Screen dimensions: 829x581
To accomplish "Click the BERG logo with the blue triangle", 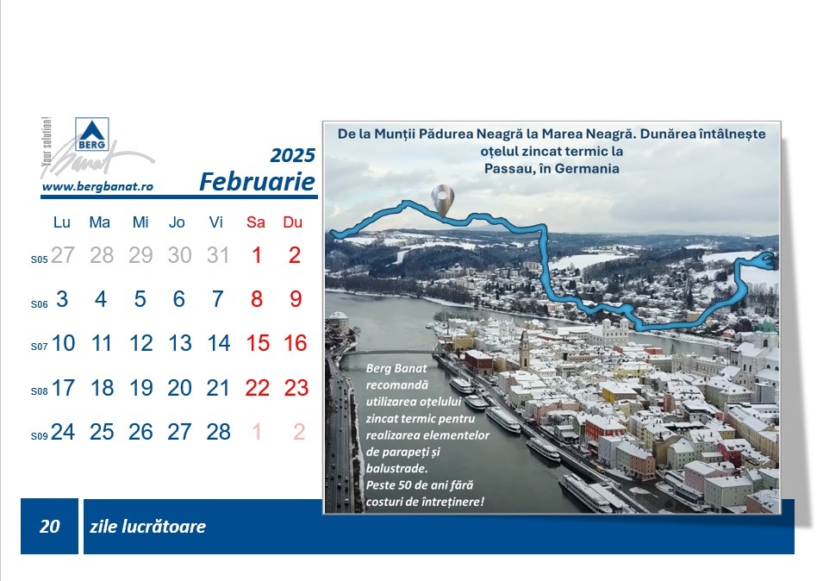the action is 92,134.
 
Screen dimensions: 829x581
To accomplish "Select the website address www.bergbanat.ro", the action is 98,186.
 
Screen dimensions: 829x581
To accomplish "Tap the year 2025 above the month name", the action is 292,155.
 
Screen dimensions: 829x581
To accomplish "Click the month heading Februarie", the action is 257,182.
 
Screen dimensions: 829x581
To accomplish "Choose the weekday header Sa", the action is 256,222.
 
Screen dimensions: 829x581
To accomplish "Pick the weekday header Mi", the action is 140,222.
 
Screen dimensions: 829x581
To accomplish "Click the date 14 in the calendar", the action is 219,343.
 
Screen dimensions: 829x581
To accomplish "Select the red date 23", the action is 296,388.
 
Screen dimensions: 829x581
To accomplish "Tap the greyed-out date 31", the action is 218,255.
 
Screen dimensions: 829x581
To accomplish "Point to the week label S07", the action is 39,347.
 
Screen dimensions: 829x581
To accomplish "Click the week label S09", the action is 39,436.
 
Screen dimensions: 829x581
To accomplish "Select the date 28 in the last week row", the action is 218,432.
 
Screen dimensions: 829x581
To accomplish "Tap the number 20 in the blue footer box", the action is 50,526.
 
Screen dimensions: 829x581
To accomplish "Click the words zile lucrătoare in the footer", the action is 147,527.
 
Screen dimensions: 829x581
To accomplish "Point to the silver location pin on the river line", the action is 443,201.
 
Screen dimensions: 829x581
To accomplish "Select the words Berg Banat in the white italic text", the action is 396,368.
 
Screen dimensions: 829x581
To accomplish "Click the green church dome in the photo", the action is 764,323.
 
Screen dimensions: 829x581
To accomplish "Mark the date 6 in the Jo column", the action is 179,299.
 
